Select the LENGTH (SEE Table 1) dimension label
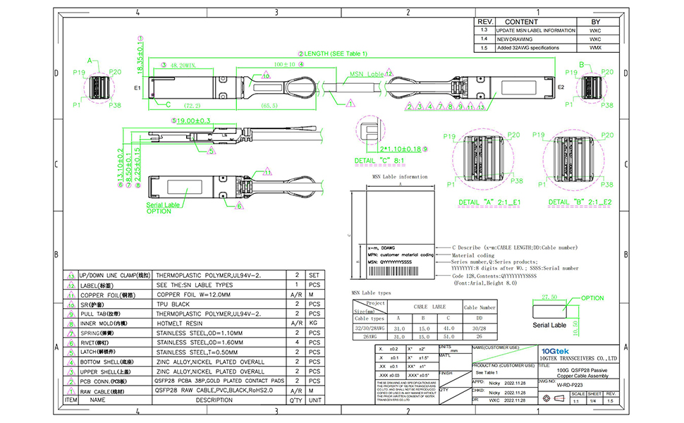point(339,53)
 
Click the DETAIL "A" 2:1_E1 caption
point(489,202)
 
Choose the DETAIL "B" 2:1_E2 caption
point(580,202)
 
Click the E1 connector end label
point(138,88)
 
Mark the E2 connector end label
point(562,87)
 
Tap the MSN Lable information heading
point(399,176)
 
